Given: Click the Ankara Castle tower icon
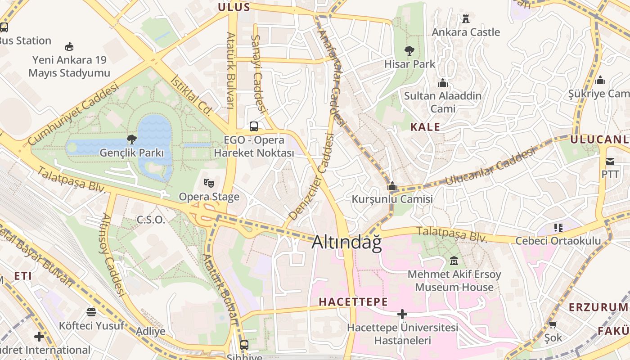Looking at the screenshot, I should (x=466, y=19).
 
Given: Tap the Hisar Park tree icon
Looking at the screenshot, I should (x=409, y=50).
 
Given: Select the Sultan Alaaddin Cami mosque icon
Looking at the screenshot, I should (x=443, y=83).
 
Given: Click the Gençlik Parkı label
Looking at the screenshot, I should (x=132, y=153).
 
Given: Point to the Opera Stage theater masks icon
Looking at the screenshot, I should (x=208, y=183).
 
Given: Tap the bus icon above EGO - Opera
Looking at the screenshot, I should (x=254, y=126).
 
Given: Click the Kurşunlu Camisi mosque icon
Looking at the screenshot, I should (x=392, y=186).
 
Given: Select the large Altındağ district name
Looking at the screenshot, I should (x=346, y=242).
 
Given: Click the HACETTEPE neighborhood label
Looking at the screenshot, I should (x=353, y=302).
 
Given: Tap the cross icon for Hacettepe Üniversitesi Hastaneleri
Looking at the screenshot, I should (x=402, y=314).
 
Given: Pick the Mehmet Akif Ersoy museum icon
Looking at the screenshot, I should (x=454, y=261).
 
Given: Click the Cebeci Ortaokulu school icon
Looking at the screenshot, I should (x=558, y=228).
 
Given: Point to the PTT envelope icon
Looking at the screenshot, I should (x=610, y=161).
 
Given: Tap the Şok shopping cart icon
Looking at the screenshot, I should (x=553, y=324).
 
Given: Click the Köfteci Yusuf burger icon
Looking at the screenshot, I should (x=91, y=312).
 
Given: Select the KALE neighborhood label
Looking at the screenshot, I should (x=425, y=127).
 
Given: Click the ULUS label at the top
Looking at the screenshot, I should (x=234, y=7).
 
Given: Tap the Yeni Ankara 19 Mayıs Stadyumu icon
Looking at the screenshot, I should (x=69, y=46).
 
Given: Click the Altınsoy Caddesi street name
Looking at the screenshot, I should (x=112, y=254).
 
